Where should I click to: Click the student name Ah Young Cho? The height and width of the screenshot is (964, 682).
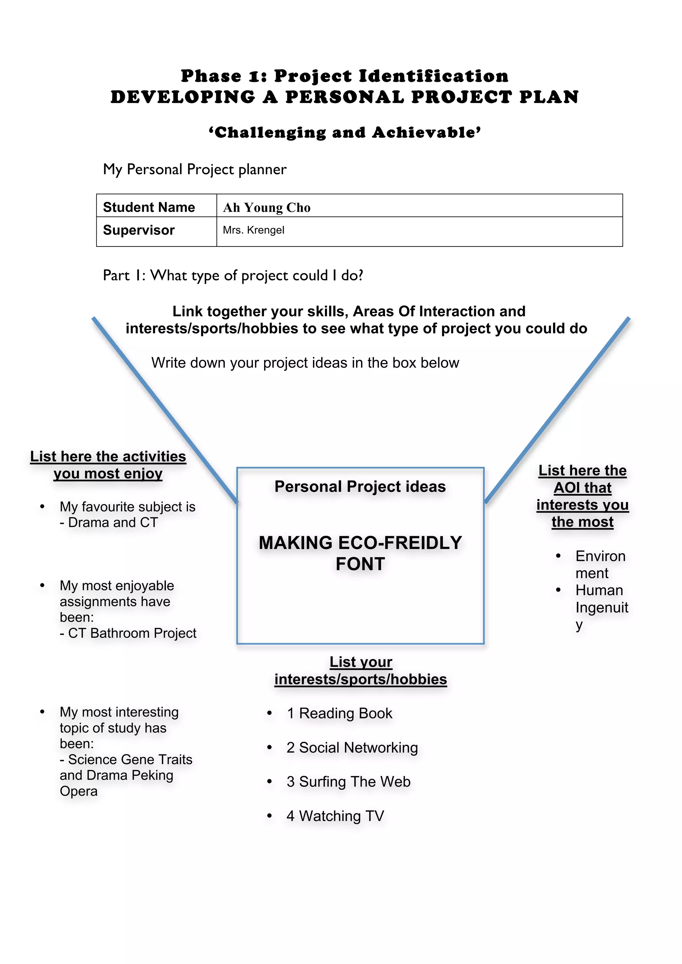pos(266,208)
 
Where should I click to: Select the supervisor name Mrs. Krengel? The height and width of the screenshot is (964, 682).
pos(253,230)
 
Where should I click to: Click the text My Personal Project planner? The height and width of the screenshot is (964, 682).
pos(194,169)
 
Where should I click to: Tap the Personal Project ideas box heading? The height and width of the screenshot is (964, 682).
pos(360,487)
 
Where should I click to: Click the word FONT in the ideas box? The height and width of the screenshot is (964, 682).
pos(360,564)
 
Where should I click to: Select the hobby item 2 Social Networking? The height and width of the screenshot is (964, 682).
pos(352,748)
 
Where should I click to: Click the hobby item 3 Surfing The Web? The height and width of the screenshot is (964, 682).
pos(348,782)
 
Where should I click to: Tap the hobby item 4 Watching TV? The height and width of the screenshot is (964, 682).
pos(335,816)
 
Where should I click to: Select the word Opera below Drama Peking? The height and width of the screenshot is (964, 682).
pos(79,791)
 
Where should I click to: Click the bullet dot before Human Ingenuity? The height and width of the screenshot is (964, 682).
pos(558,590)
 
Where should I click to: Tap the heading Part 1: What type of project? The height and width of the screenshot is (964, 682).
pos(233,275)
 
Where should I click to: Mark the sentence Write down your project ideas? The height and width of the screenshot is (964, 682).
pos(305,363)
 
